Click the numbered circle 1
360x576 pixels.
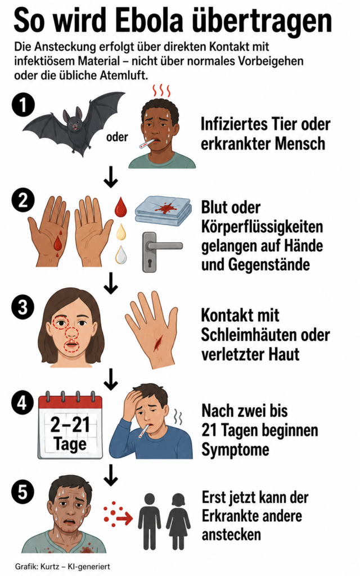point(22,106)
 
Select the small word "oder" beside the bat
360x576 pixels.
point(117,137)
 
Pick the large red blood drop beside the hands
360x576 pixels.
point(120,207)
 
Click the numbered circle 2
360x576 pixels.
point(22,201)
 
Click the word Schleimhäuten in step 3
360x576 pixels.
point(248,335)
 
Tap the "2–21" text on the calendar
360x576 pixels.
point(70,425)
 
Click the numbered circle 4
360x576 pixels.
point(22,403)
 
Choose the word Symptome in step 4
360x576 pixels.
point(236,449)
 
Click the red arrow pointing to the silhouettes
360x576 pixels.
point(124,519)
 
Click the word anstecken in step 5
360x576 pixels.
point(231,534)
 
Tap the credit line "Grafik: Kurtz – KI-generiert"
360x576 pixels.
point(62,566)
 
